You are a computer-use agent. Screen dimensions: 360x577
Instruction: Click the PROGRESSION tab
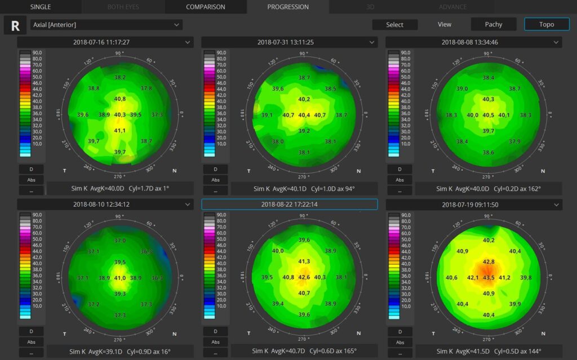coord(288,7)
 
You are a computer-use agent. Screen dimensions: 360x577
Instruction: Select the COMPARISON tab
coord(206,7)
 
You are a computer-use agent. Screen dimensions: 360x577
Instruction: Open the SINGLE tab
coord(41,7)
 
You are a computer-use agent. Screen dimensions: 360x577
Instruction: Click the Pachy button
coord(493,24)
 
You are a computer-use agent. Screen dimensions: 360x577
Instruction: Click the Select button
coord(394,24)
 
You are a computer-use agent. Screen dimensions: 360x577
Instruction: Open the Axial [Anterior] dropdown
coord(106,25)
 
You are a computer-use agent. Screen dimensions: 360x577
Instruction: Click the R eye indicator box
coord(15,25)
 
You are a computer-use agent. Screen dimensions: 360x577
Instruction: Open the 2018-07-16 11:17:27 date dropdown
coord(105,42)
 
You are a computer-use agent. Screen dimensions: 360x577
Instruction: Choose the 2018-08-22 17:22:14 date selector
coord(289,204)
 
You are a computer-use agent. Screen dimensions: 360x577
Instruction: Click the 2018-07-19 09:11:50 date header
coord(473,205)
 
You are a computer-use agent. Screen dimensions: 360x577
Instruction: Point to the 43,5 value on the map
coord(489,278)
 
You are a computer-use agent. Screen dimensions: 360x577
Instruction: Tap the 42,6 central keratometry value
coord(304,277)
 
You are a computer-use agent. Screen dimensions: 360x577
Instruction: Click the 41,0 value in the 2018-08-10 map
coord(120,278)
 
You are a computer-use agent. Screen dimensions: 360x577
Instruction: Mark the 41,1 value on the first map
coord(120,131)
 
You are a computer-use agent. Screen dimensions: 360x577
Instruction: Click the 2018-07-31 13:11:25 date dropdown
coord(289,42)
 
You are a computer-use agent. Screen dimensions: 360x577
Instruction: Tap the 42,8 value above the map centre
coord(489,262)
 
